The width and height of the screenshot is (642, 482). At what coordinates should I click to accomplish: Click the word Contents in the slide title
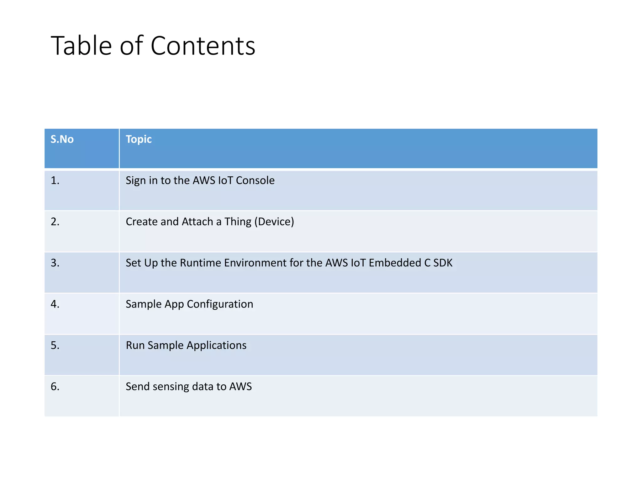click(203, 46)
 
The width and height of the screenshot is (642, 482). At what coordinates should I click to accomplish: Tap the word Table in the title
click(81, 46)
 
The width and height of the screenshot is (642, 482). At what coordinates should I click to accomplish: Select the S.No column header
click(62, 139)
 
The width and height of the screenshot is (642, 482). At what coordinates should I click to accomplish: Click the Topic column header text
click(139, 139)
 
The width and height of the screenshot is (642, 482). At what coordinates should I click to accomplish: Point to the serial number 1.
click(55, 180)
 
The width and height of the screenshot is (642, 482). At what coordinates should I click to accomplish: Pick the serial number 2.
click(55, 222)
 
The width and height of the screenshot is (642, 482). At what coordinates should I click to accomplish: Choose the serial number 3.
click(55, 263)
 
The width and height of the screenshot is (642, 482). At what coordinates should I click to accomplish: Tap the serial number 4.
click(55, 304)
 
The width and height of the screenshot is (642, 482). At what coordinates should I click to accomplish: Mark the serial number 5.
click(55, 345)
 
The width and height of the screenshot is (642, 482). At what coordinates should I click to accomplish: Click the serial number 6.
click(55, 386)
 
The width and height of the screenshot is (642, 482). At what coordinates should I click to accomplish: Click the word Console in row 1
click(255, 180)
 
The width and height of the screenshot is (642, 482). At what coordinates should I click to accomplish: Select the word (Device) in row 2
click(274, 222)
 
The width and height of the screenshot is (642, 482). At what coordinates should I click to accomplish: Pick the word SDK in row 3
click(443, 263)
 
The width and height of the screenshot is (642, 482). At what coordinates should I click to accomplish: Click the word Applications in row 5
click(217, 345)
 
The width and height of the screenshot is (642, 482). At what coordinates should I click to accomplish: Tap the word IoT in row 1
click(225, 180)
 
